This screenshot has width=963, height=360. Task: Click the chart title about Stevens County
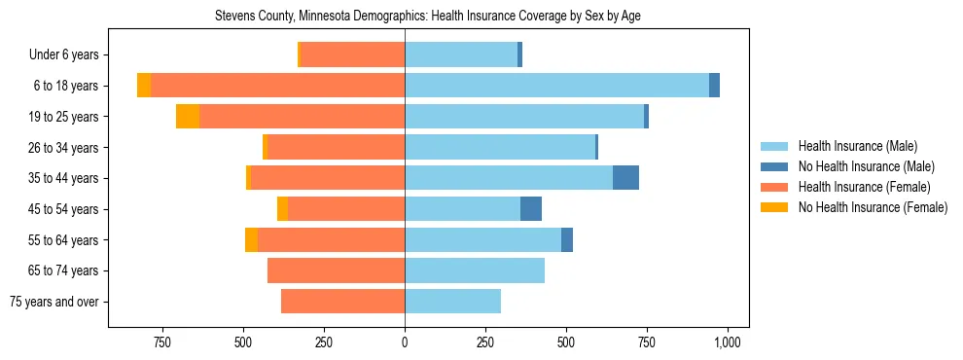coord(428,16)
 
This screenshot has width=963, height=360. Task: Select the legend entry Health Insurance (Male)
coord(856,146)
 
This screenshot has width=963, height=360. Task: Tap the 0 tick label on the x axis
coord(405,342)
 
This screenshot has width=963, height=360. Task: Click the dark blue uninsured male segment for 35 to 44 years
coord(625,178)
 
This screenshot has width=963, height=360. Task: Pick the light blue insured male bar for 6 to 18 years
coord(556,86)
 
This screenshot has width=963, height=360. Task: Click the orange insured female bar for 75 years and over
coord(342,302)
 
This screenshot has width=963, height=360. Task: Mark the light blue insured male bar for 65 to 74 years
coord(475,270)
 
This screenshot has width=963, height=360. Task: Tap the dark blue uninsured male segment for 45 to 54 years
coord(531,209)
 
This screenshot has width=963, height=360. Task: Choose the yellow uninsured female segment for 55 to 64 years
coord(251,239)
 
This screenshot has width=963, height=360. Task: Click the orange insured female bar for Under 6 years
coord(353,55)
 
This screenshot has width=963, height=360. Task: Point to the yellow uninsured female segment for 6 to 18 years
coord(144,86)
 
